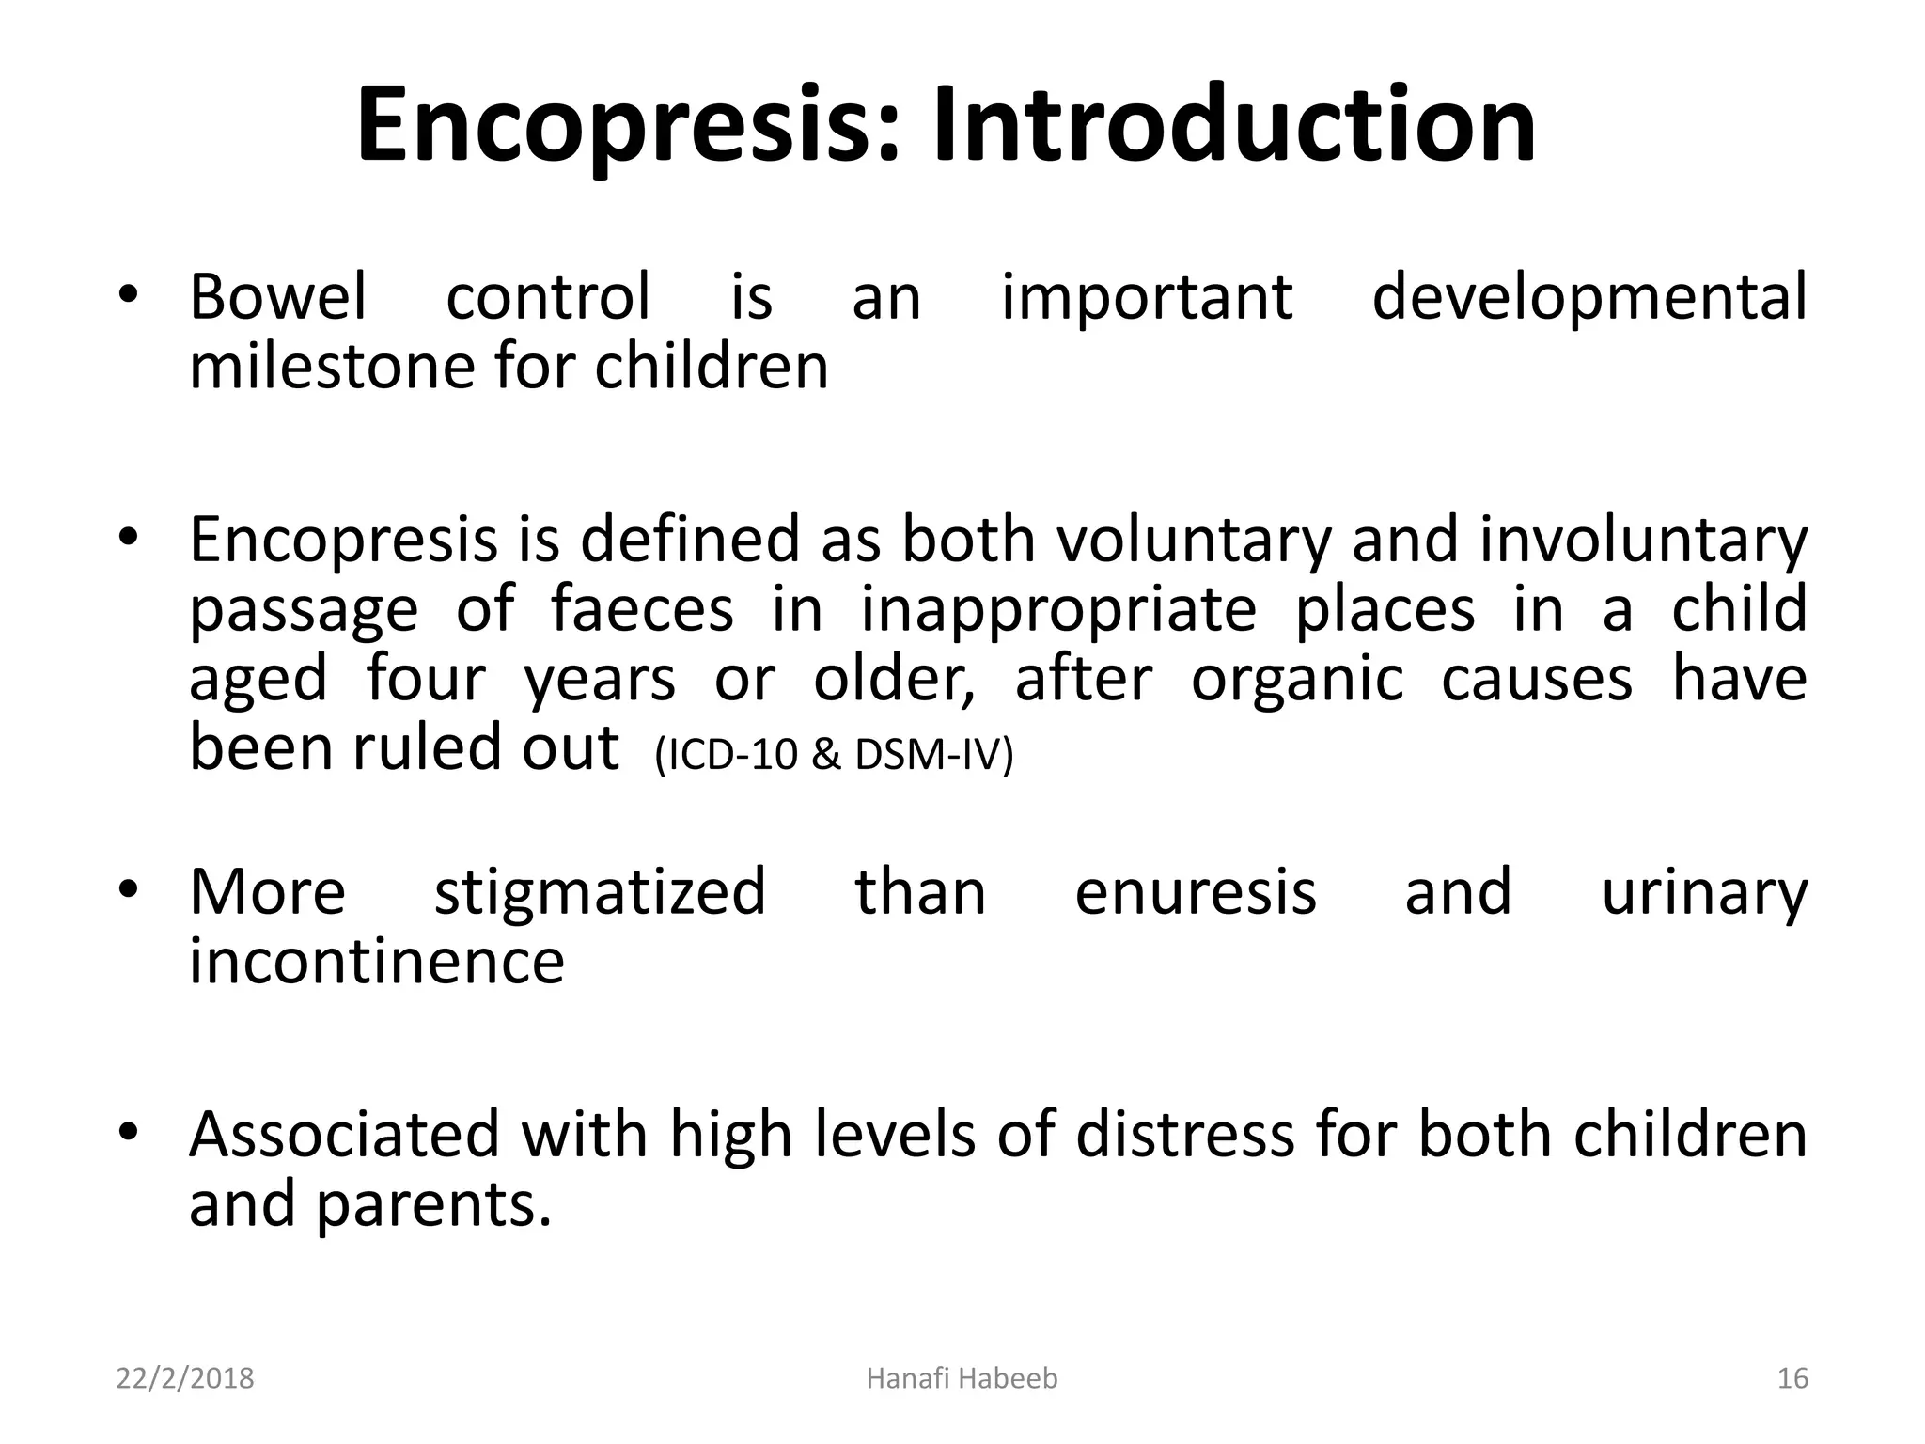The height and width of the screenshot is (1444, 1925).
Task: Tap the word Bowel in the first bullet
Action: coord(277,297)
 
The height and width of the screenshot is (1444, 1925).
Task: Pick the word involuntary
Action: coord(1642,542)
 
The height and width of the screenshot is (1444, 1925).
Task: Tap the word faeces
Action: coord(641,609)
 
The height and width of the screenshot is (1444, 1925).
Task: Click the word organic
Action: coord(1296,681)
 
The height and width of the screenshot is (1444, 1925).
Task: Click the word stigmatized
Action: coord(600,893)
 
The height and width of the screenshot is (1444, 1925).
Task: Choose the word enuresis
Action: coord(1196,892)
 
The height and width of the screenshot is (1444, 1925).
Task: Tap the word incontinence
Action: coord(377,962)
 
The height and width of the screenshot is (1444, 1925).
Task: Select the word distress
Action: coord(1185,1135)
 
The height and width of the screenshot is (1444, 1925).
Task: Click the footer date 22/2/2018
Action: coord(185,1378)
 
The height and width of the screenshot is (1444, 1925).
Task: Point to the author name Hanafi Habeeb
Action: coord(962,1378)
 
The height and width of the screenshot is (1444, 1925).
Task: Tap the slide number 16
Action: coord(1792,1378)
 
